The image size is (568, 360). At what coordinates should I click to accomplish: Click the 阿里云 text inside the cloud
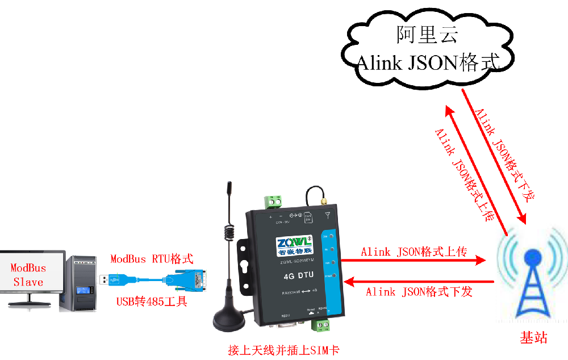click(x=428, y=35)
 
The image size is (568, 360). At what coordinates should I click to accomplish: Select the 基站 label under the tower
click(x=533, y=338)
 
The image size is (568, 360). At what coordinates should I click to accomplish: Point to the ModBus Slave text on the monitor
click(x=28, y=274)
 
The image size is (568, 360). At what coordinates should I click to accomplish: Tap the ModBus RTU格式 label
click(x=152, y=259)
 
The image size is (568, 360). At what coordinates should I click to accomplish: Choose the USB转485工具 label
click(x=152, y=302)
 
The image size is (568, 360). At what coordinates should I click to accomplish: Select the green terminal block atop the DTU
click(x=273, y=202)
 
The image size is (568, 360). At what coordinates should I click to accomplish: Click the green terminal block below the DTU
click(x=322, y=325)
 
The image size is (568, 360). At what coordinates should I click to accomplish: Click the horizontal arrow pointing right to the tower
click(x=423, y=261)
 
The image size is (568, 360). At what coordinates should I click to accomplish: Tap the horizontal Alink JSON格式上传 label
click(x=414, y=252)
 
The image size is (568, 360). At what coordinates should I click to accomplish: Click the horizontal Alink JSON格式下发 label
click(x=419, y=292)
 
